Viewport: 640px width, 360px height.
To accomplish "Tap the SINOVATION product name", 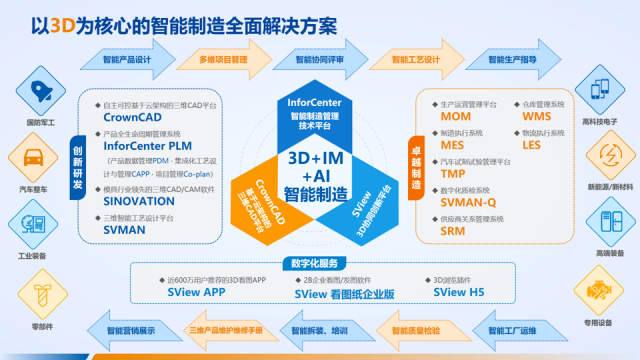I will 142,200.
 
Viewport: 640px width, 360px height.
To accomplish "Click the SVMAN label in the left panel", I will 125,228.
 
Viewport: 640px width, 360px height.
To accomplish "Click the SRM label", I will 452,229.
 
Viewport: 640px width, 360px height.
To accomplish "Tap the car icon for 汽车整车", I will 34,158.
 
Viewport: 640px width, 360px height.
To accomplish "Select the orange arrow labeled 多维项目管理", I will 224,59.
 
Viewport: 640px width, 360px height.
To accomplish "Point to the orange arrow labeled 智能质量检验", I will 416,329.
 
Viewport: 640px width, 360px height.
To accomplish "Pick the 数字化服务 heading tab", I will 319,266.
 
